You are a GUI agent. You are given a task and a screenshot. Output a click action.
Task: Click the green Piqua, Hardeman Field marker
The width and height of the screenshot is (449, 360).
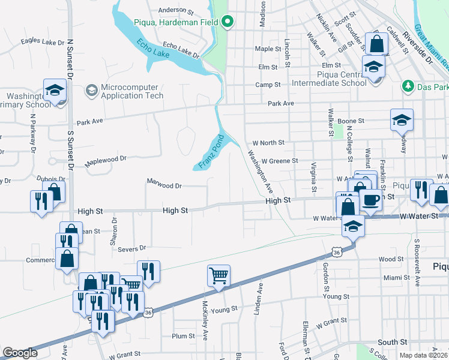[228, 23]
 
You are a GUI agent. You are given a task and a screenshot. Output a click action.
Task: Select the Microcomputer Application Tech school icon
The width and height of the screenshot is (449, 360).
[92, 91]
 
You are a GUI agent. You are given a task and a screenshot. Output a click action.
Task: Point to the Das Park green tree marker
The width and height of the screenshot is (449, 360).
[408, 87]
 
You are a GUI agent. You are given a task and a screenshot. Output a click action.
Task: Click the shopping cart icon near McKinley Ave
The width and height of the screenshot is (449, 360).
[218, 276]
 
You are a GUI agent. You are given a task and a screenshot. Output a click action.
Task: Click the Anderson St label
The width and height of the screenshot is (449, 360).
[176, 10]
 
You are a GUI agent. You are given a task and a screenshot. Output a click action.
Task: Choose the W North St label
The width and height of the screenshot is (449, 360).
[268, 143]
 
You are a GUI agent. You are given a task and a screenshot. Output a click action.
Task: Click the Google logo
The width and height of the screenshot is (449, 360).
[20, 353]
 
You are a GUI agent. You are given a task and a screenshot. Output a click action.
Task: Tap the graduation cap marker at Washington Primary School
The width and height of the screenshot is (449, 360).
[55, 91]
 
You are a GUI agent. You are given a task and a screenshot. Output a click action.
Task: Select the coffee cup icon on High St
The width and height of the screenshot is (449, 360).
[370, 199]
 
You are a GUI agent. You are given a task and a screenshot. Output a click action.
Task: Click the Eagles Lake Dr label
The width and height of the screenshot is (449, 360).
[42, 41]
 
